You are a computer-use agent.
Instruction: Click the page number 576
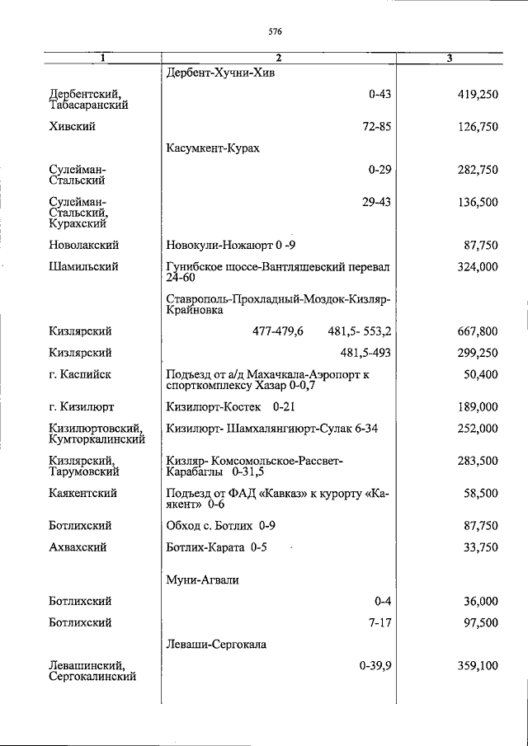click(x=276, y=32)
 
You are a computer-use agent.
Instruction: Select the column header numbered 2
click(x=278, y=58)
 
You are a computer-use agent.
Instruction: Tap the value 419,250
click(x=478, y=95)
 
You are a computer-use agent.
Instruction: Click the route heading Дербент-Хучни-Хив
click(x=220, y=73)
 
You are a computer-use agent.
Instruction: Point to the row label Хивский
click(x=73, y=126)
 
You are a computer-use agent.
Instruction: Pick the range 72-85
click(x=375, y=126)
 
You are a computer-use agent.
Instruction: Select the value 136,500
click(x=478, y=202)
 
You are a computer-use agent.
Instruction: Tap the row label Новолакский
click(x=84, y=245)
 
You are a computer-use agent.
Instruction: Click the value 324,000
click(x=478, y=266)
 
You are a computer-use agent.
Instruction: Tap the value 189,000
click(x=478, y=406)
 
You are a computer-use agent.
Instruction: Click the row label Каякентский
click(x=82, y=493)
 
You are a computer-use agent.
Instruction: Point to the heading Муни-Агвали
click(x=202, y=580)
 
